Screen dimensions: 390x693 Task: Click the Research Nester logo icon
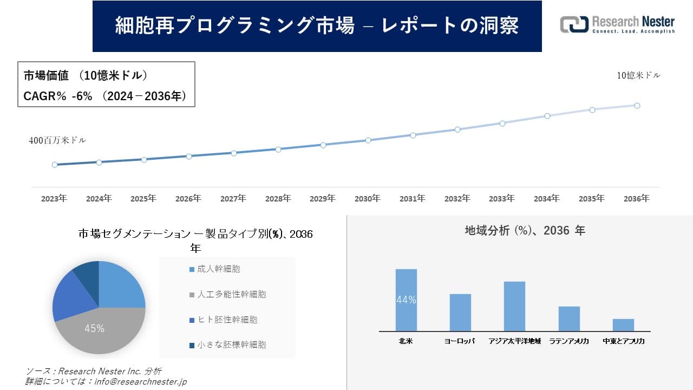tap(574, 24)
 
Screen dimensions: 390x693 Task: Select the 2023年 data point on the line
tap(55, 165)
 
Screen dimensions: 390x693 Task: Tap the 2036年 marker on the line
tap(637, 106)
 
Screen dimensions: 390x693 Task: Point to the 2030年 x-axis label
tap(368, 199)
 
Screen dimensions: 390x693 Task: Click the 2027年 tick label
tap(233, 199)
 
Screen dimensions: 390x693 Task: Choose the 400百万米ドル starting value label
tap(57, 140)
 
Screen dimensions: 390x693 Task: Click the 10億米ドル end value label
tap(639, 75)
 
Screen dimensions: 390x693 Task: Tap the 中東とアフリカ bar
tap(623, 325)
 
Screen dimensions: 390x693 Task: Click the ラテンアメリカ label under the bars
tap(569, 342)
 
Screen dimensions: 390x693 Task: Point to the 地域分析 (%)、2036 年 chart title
tap(525, 231)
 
